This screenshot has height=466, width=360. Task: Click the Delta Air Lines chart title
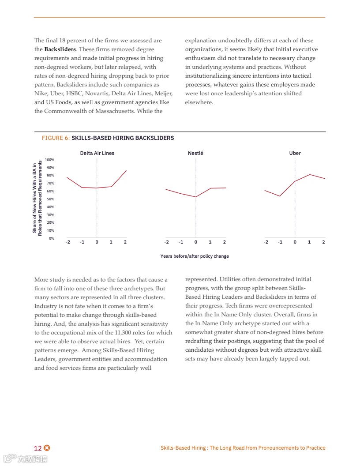pos(97,153)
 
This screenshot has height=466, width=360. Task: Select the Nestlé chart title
pos(195,153)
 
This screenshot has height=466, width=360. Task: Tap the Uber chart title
pos(295,153)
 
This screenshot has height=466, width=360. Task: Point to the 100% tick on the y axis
pos(49,160)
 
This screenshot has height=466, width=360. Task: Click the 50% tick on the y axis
pos(50,199)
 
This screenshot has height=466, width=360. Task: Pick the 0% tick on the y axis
pos(51,238)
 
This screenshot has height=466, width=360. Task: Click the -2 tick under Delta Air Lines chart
pos(67,242)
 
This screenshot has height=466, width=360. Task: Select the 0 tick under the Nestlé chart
pos(195,242)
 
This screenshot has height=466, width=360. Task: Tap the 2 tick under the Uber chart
pos(323,242)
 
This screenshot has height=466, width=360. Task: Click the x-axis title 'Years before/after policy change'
pos(195,256)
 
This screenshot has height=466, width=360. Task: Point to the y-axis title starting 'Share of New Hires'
pos(37,198)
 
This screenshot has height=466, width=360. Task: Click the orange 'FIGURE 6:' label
pos(56,138)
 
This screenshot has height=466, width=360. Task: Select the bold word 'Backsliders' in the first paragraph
pos(60,49)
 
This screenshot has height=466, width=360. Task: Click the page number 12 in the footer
pos(38,448)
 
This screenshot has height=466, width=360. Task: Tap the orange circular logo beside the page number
pos(47,448)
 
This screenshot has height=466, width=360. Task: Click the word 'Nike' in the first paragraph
pos(40,94)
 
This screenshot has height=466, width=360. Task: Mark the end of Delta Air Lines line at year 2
pos(126,171)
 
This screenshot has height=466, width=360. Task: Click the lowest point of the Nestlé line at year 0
pos(195,197)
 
